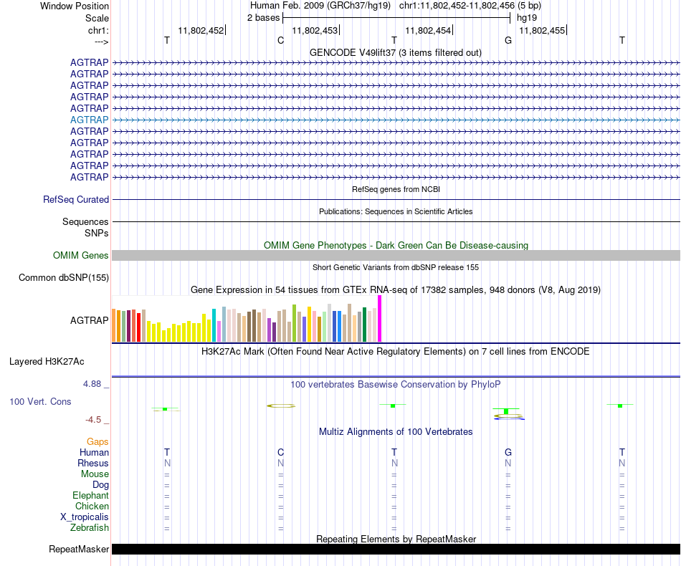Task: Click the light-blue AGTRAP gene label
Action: (90, 120)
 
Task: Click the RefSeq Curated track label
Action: (76, 200)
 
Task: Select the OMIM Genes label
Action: (81, 255)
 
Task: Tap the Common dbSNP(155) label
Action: (64, 278)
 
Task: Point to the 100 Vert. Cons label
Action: (40, 402)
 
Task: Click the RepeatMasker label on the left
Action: (78, 550)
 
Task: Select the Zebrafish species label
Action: (90, 528)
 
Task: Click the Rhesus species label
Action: (93, 464)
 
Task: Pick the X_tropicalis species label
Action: (85, 517)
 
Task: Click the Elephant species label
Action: (90, 496)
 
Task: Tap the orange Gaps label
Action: (97, 442)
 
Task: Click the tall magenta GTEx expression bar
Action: (380, 318)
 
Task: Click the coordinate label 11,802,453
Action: (315, 30)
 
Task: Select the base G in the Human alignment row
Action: (508, 452)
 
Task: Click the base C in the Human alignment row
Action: (280, 452)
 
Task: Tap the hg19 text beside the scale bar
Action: (527, 17)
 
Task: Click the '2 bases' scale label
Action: (263, 17)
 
